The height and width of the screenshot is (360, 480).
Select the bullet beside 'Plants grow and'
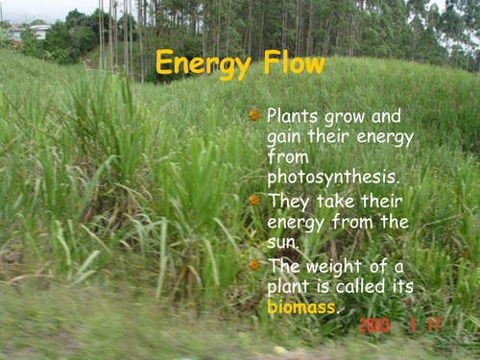tap(254, 115)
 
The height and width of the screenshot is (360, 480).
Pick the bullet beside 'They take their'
tap(254, 201)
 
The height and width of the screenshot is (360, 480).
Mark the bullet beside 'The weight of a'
tap(254, 264)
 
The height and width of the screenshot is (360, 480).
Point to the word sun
tap(282, 242)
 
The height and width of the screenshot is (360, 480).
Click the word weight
tap(336, 265)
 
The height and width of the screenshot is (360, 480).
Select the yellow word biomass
tap(301, 307)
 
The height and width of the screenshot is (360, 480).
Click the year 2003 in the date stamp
tap(374, 326)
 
